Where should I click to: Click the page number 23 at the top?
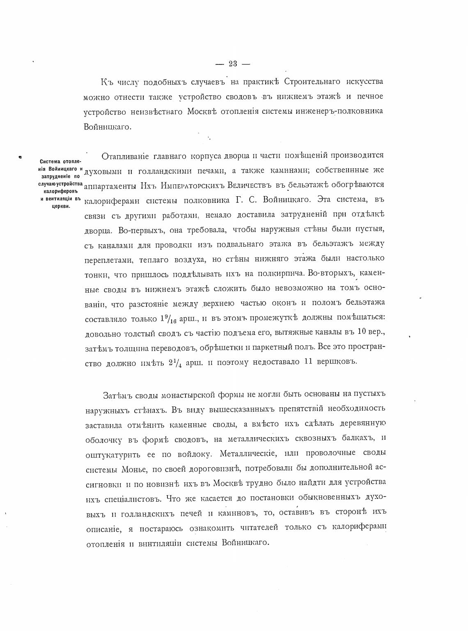[233, 64]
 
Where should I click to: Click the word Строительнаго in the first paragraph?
[307, 81]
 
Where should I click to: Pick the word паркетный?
[280, 347]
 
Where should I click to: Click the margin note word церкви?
[61, 207]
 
